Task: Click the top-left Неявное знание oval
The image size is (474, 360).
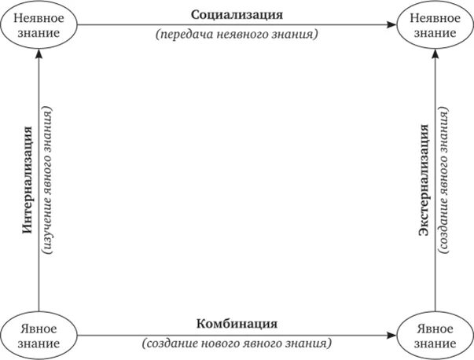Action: coord(39,25)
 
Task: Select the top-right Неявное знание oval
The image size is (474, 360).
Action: coord(433,25)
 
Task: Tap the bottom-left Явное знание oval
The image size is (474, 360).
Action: coord(39,334)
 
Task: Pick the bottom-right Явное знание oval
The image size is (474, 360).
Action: coord(434,334)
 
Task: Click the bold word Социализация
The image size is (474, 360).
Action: coord(236,15)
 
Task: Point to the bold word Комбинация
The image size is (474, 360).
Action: coord(236,324)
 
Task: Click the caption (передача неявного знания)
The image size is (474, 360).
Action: coord(237,35)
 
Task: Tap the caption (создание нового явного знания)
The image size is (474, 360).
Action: coord(237,344)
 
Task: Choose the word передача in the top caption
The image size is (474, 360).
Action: coord(182,35)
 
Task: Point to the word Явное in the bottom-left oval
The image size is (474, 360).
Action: coord(39,327)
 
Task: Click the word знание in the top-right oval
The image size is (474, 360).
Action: coord(433,33)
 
